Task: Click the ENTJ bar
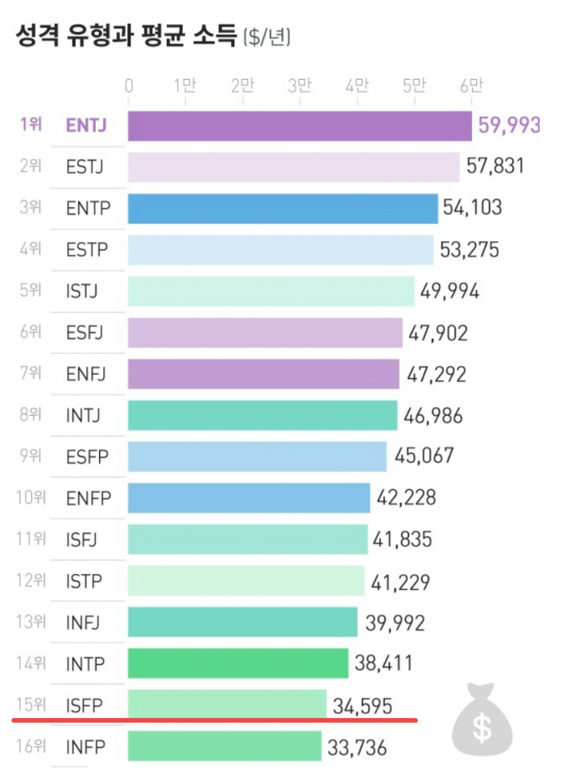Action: (300, 126)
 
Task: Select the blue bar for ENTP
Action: (283, 209)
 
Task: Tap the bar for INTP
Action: (238, 663)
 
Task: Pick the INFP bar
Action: (225, 747)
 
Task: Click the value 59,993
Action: (508, 125)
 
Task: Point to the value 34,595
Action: (362, 707)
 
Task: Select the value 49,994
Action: (449, 292)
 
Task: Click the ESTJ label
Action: (85, 168)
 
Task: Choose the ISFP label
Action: (85, 705)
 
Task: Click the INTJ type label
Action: (84, 416)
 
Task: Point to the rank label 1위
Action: (31, 126)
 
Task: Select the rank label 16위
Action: (30, 747)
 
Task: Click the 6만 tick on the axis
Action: (471, 85)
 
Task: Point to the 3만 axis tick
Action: (300, 85)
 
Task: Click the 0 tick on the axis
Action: (129, 85)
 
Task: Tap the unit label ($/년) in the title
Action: (267, 37)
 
